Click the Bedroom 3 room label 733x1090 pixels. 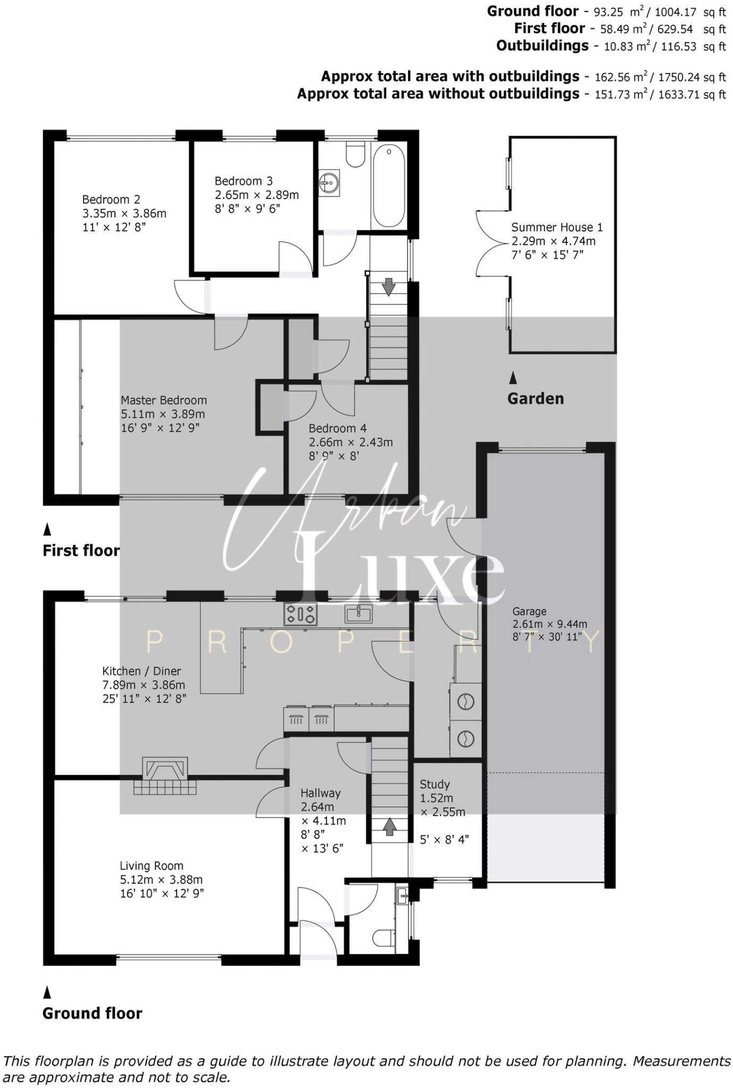(243, 181)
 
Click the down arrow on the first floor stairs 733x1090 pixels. (389, 286)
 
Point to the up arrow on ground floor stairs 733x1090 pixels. (389, 827)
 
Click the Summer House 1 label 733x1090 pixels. (557, 227)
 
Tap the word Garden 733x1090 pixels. (535, 399)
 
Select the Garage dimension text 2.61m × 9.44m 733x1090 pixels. (549, 624)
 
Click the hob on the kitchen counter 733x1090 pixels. (301, 614)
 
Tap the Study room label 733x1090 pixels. (435, 784)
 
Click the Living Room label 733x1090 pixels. (151, 866)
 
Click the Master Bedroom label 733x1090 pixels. (163, 400)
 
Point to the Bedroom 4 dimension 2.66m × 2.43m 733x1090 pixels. (351, 442)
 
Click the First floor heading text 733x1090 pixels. (81, 550)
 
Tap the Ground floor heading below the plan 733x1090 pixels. (92, 1013)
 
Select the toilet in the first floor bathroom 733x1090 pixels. (354, 154)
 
